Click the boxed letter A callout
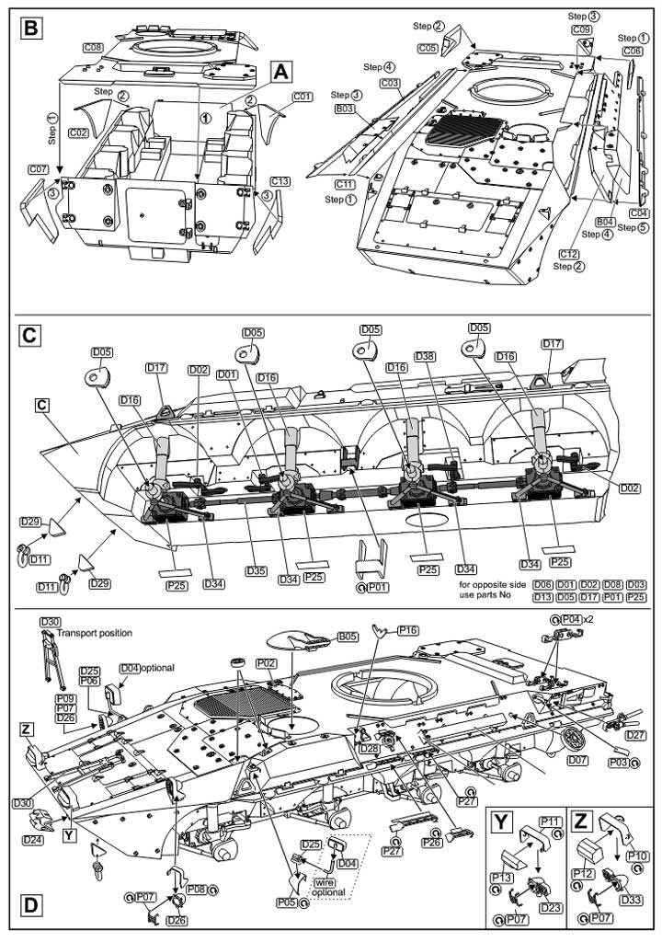pyautogui.click(x=281, y=72)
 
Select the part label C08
pyautogui.click(x=93, y=47)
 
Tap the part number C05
pyautogui.click(x=428, y=47)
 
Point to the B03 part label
pyautogui.click(x=344, y=109)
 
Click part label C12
pyautogui.click(x=568, y=254)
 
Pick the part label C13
pyautogui.click(x=280, y=181)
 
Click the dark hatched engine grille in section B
pyautogui.click(x=463, y=133)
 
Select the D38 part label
pyautogui.click(x=424, y=357)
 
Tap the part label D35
pyautogui.click(x=256, y=570)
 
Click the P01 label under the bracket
pyautogui.click(x=377, y=588)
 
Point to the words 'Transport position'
pyautogui.click(x=95, y=633)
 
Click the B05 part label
pyautogui.click(x=348, y=636)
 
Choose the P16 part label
pyautogui.click(x=408, y=630)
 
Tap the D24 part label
pyautogui.click(x=33, y=839)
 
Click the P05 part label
pyautogui.click(x=287, y=902)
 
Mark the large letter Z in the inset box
pyautogui.click(x=580, y=821)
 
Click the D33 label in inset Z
pyautogui.click(x=632, y=900)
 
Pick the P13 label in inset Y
pyautogui.click(x=502, y=878)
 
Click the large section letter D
pyautogui.click(x=31, y=905)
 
